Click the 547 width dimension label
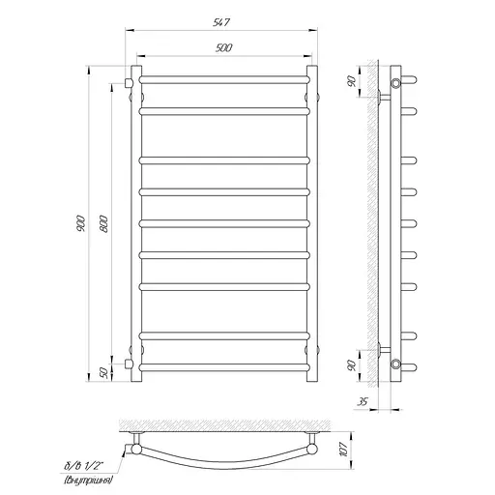click(221, 22)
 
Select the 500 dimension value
click(223, 48)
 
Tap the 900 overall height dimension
click(81, 223)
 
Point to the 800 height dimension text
click(103, 223)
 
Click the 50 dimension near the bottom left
click(103, 373)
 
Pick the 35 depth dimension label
click(363, 401)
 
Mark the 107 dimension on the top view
click(344, 450)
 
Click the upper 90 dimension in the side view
click(352, 81)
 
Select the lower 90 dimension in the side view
click(352, 365)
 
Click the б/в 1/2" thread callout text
click(84, 466)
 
